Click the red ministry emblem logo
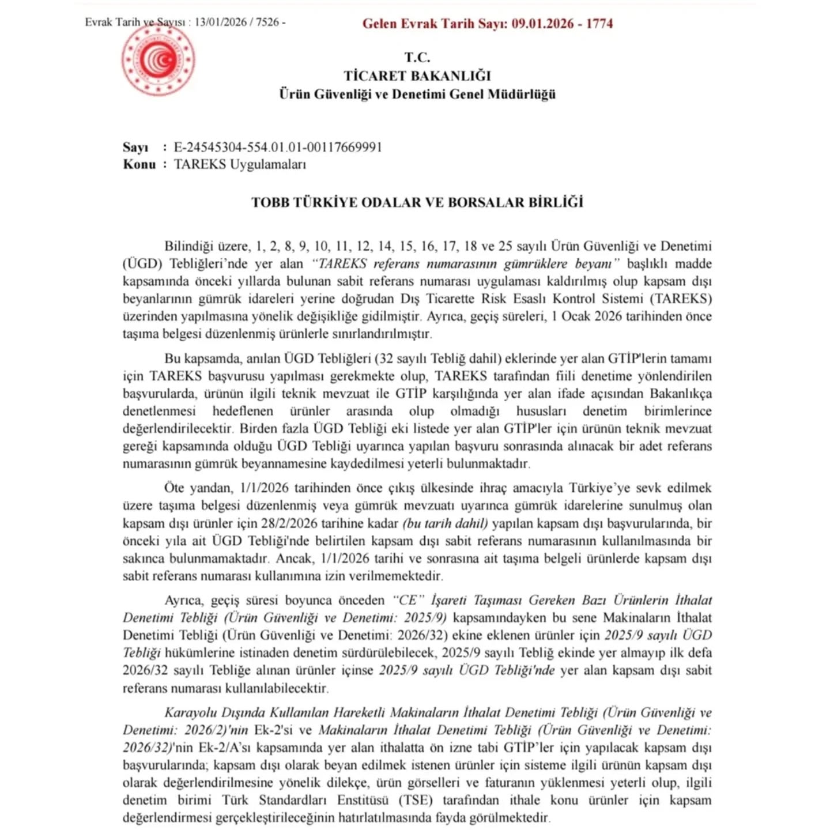[158, 59]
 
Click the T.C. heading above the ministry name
[417, 57]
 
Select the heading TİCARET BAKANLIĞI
[417, 76]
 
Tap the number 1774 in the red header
[599, 24]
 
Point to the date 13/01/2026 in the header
[221, 22]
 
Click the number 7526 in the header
[267, 22]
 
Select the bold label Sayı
[135, 147]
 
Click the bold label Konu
[139, 164]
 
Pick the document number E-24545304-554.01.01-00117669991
[278, 147]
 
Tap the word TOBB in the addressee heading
[270, 202]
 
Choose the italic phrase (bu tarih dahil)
[445, 523]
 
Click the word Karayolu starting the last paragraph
[191, 712]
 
